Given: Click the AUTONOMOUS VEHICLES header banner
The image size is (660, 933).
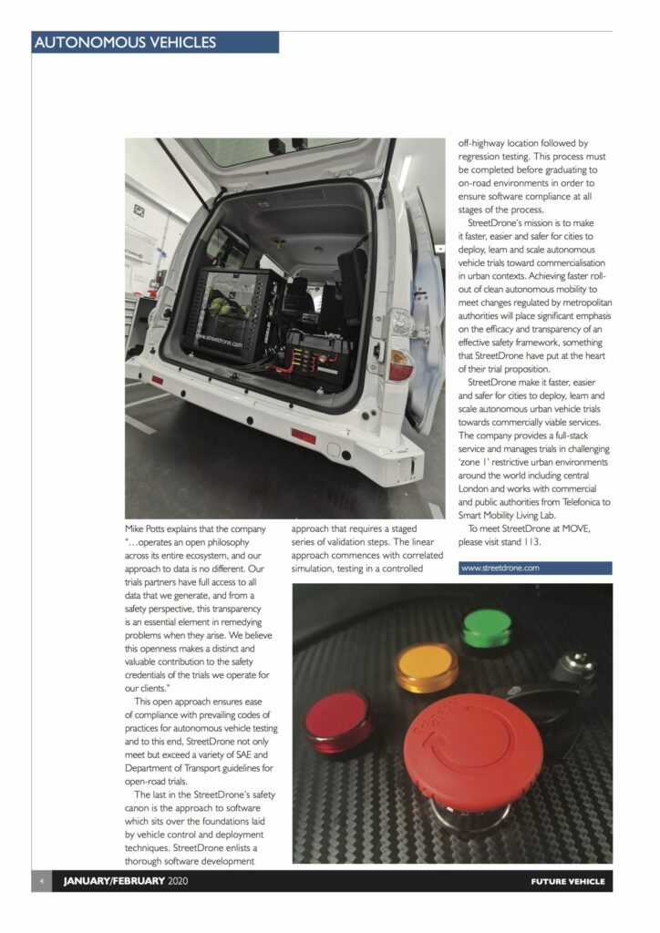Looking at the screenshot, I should point(155,42).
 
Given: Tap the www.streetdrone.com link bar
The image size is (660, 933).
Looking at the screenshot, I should point(534,568).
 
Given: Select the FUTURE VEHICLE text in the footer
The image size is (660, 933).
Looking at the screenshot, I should point(567,882).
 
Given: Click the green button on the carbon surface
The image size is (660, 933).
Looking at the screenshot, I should point(487,629).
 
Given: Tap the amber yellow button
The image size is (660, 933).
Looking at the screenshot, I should point(427,667).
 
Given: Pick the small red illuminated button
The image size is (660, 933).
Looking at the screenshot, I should point(337,719).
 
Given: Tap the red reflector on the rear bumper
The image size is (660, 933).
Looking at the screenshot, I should point(304,436).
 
